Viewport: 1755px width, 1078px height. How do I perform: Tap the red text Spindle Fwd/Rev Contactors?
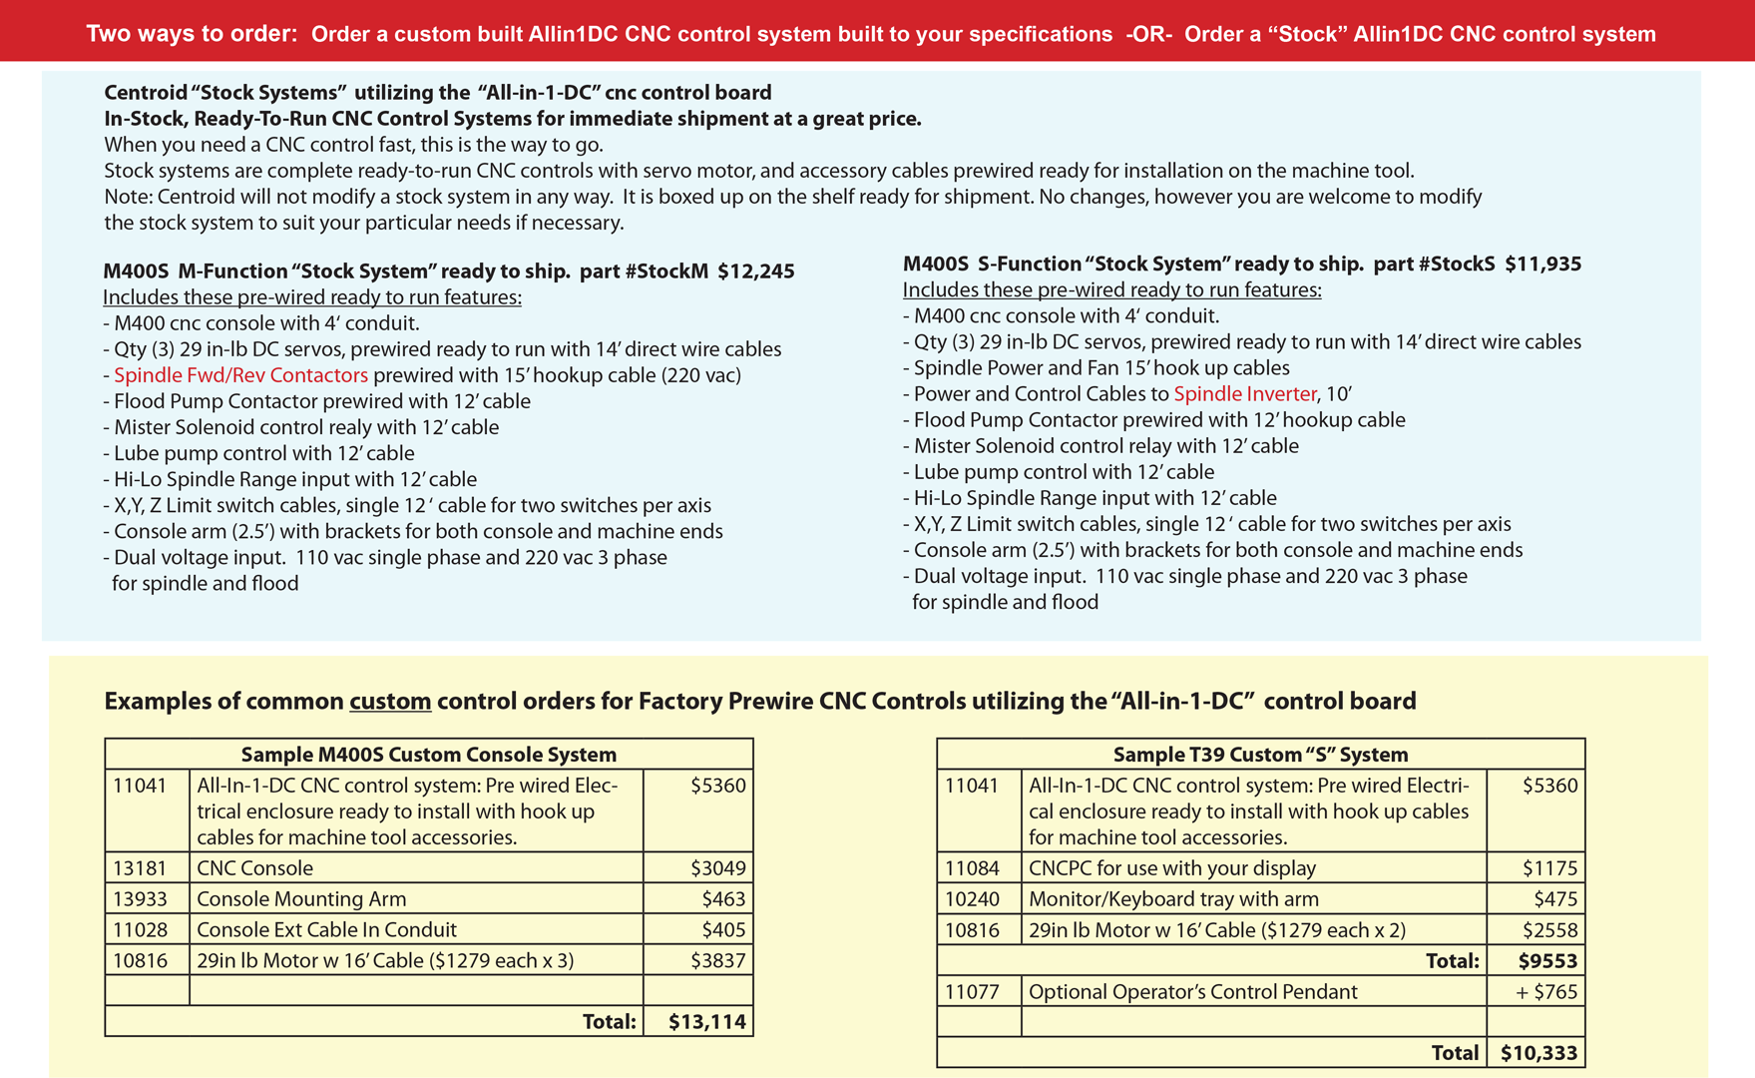tap(240, 375)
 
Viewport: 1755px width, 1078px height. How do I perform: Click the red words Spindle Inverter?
tap(1244, 394)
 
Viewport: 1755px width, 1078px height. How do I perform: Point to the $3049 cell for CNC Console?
tap(717, 868)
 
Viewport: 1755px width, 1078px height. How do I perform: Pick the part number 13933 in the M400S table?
tap(140, 899)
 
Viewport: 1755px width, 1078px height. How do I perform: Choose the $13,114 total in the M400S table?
tap(706, 1022)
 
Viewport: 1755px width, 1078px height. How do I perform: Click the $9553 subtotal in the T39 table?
tap(1547, 961)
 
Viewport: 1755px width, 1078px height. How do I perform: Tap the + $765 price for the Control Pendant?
tap(1545, 992)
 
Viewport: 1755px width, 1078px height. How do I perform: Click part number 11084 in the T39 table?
tap(972, 868)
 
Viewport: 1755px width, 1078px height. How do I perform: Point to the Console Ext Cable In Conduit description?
tap(326, 930)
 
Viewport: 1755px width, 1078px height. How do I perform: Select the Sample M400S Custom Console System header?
tap(428, 755)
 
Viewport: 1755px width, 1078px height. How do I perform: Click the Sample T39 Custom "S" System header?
tap(1260, 755)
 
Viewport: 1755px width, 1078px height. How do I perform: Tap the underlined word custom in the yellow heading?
tap(390, 702)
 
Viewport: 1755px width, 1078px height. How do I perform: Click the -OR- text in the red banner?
tap(1148, 34)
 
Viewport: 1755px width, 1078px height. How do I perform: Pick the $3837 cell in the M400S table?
tap(717, 961)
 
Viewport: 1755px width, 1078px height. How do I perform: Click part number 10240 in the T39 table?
tap(972, 899)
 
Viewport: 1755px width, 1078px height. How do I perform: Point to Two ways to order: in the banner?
tap(192, 34)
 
